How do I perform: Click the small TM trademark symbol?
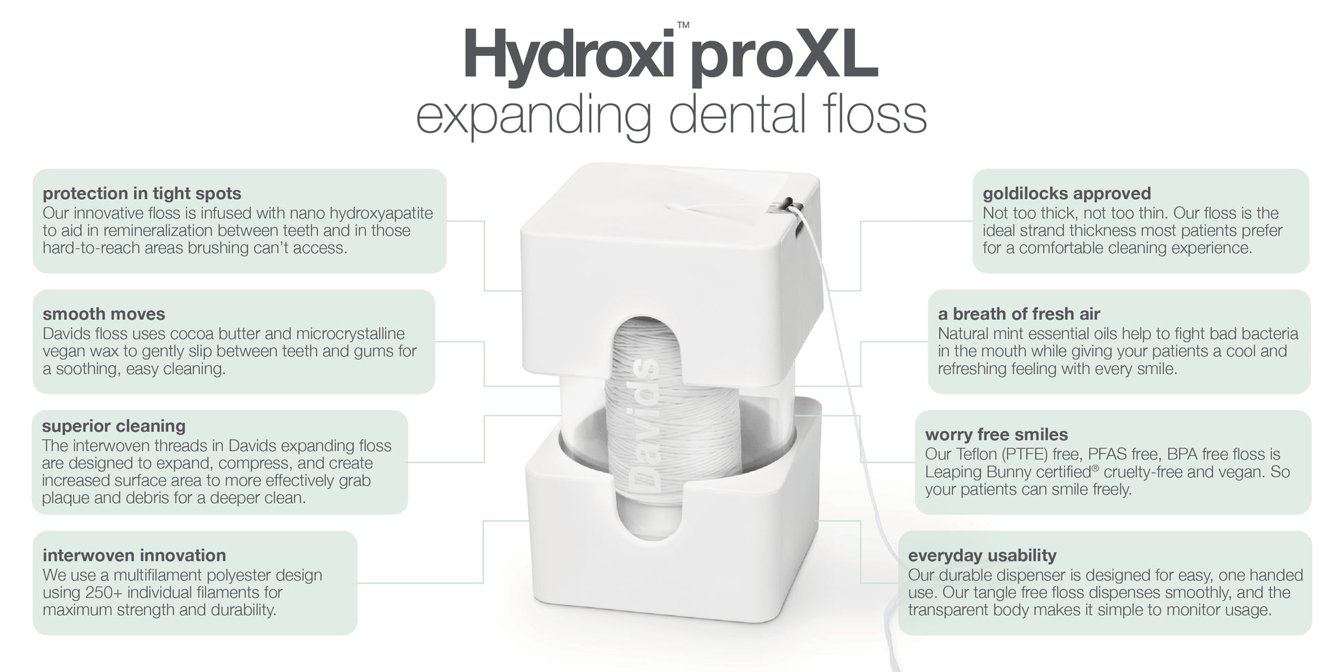point(683,26)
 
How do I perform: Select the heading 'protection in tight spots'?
point(142,193)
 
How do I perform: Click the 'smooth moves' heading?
point(104,314)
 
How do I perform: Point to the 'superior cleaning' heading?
point(114,426)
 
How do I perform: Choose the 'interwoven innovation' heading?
point(134,555)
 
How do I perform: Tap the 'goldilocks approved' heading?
point(1067,193)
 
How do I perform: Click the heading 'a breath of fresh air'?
point(1019,314)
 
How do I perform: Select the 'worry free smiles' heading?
point(997,435)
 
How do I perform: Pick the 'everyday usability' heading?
point(982,556)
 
